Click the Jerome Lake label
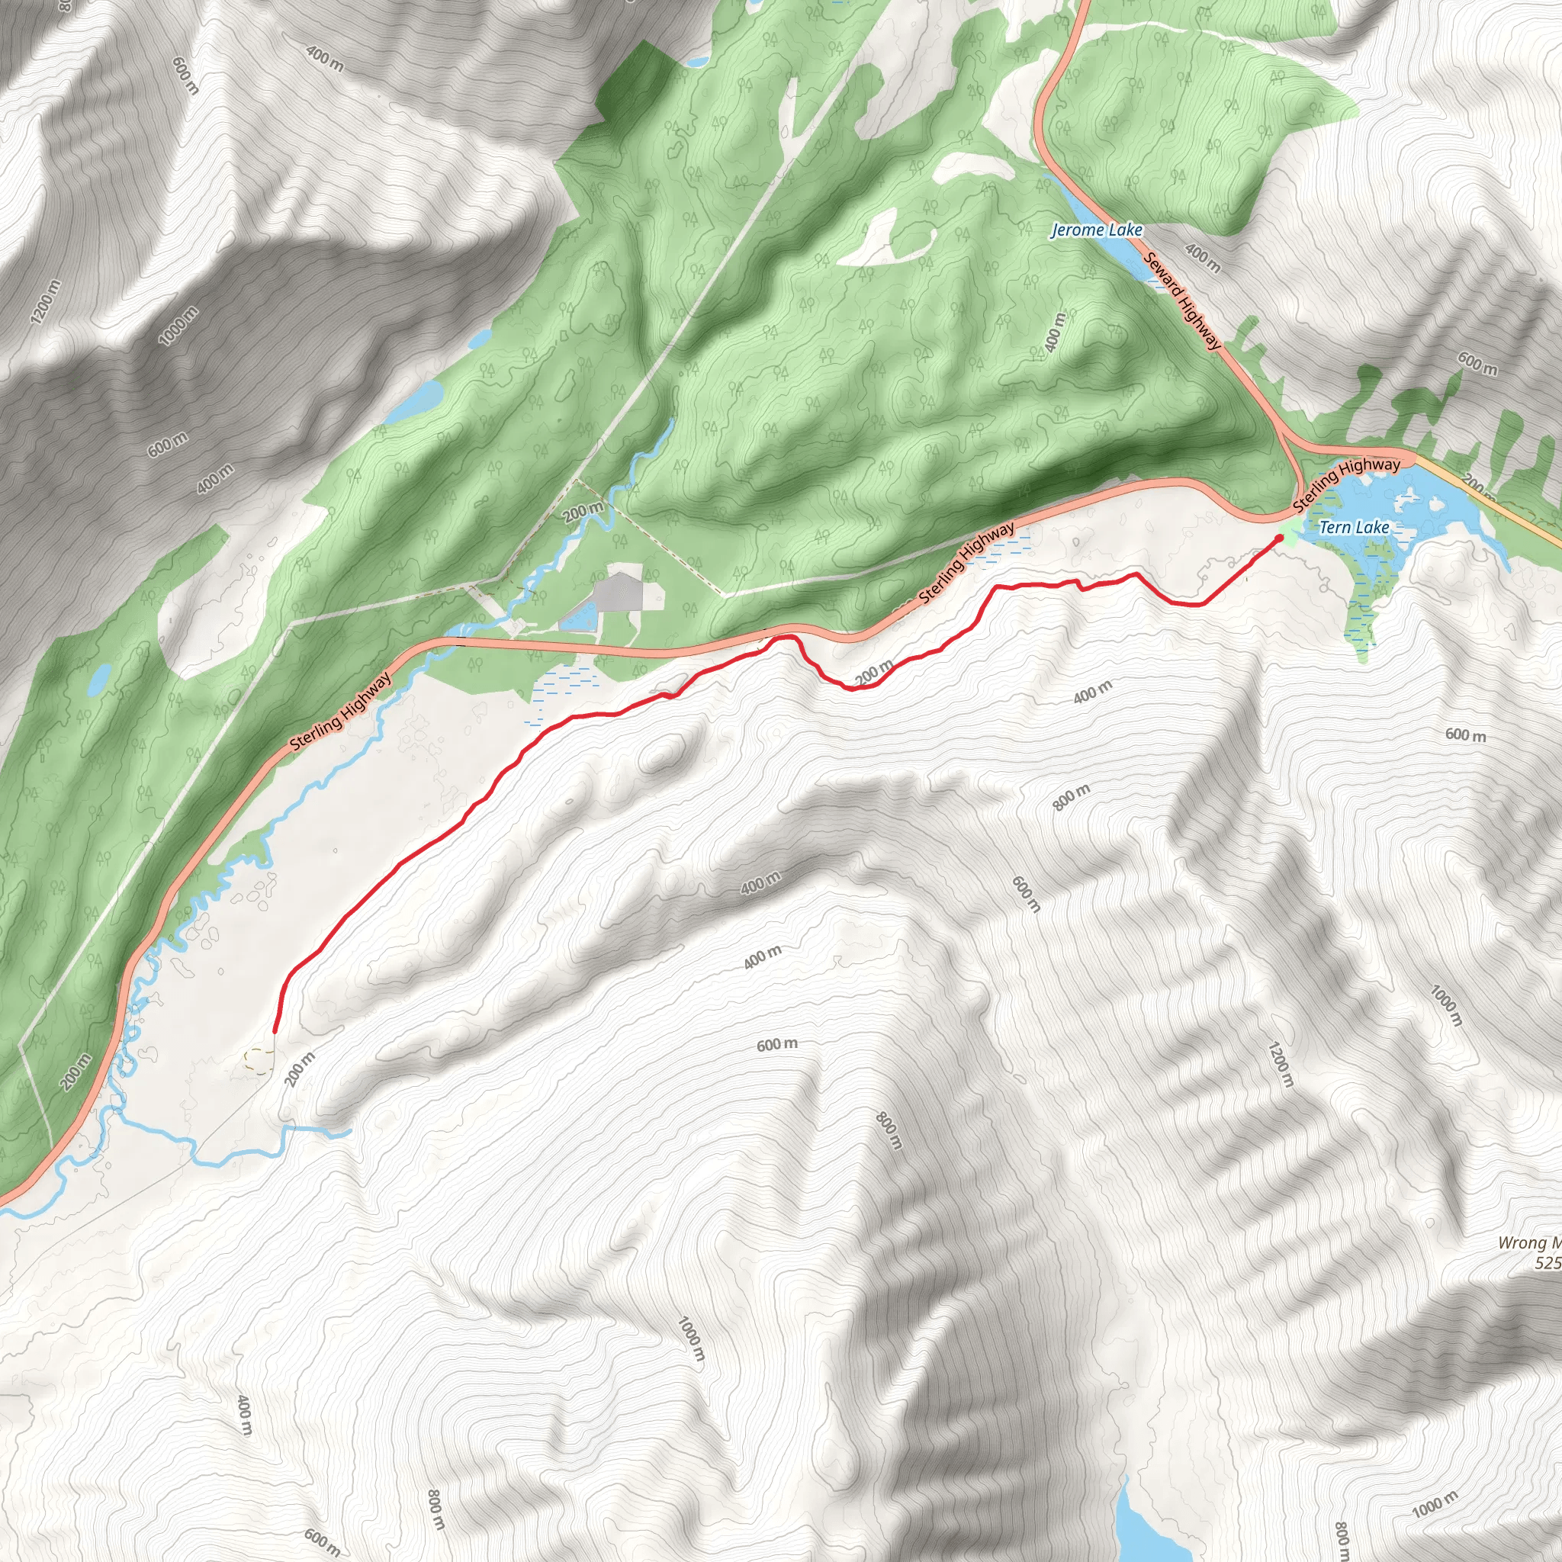pyautogui.click(x=1095, y=230)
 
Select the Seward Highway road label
pyautogui.click(x=1182, y=301)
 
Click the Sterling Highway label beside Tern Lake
pyautogui.click(x=1346, y=483)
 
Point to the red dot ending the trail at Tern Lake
pyautogui.click(x=1279, y=538)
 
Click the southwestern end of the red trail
pyautogui.click(x=275, y=1031)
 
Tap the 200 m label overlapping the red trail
pyautogui.click(x=874, y=672)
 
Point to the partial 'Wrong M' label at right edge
pyautogui.click(x=1530, y=1242)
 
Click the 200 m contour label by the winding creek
pyautogui.click(x=583, y=512)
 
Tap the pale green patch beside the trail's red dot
pyautogui.click(x=1289, y=529)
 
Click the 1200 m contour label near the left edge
pyautogui.click(x=45, y=302)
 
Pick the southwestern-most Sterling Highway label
pyautogui.click(x=340, y=712)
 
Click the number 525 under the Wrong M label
pyautogui.click(x=1548, y=1262)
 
